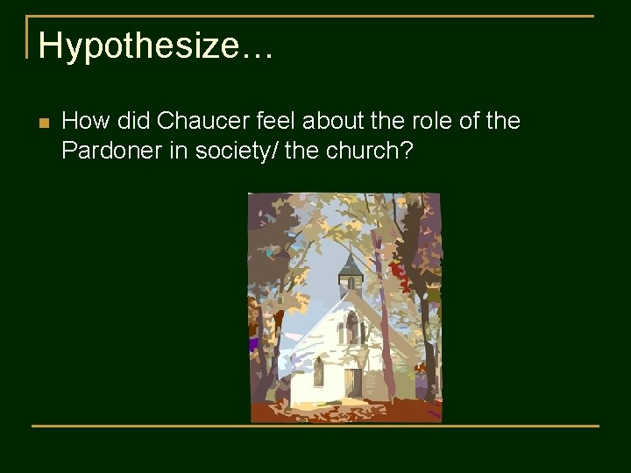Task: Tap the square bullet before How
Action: [x=43, y=123]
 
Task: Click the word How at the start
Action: [x=85, y=121]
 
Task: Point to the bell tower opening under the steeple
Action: [x=350, y=284]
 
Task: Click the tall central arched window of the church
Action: [x=351, y=328]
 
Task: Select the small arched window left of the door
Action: [x=318, y=373]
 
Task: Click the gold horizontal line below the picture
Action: [x=315, y=427]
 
